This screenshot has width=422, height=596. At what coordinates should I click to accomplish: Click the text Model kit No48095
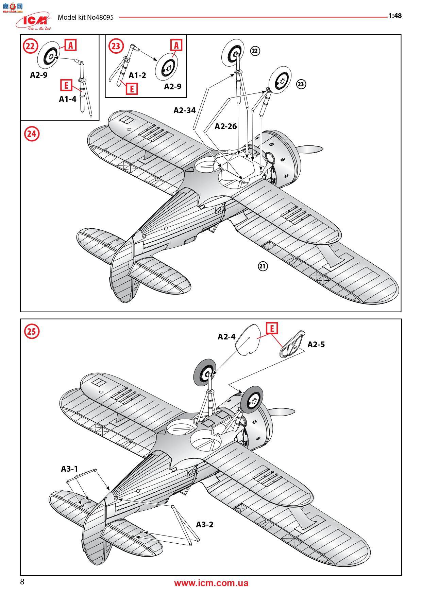(x=85, y=17)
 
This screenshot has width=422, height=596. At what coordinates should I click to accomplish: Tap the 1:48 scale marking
(x=395, y=16)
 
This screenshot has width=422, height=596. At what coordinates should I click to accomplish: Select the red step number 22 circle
(x=30, y=46)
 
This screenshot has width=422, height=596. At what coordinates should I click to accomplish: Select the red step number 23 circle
(x=116, y=46)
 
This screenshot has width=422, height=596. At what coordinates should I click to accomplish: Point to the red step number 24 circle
(x=31, y=134)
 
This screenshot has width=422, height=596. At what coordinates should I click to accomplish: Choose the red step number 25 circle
(x=31, y=331)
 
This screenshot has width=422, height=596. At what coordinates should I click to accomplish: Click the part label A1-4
(x=68, y=99)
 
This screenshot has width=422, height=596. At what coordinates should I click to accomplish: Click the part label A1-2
(x=137, y=75)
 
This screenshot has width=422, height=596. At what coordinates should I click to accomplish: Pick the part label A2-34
(x=185, y=110)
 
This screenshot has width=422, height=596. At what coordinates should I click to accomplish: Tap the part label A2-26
(x=225, y=126)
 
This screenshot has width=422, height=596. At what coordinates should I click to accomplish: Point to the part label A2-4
(x=226, y=336)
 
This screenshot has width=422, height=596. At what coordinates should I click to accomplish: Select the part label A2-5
(x=316, y=345)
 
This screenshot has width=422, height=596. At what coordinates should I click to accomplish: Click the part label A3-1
(x=69, y=469)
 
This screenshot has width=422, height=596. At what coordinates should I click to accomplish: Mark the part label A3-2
(x=205, y=524)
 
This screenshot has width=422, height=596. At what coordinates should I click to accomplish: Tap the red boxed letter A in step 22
(x=70, y=45)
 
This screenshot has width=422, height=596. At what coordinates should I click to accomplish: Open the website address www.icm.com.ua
(x=211, y=583)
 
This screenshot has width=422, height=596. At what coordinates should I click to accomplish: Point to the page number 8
(x=22, y=582)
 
